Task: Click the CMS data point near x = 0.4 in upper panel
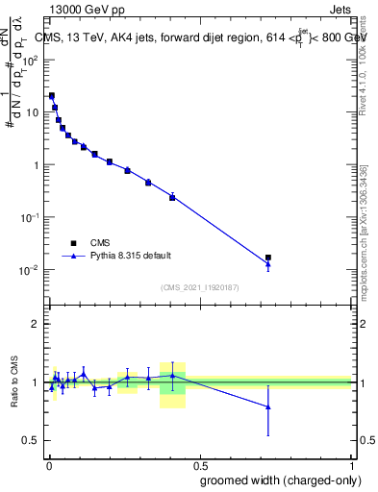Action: point(172,197)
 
